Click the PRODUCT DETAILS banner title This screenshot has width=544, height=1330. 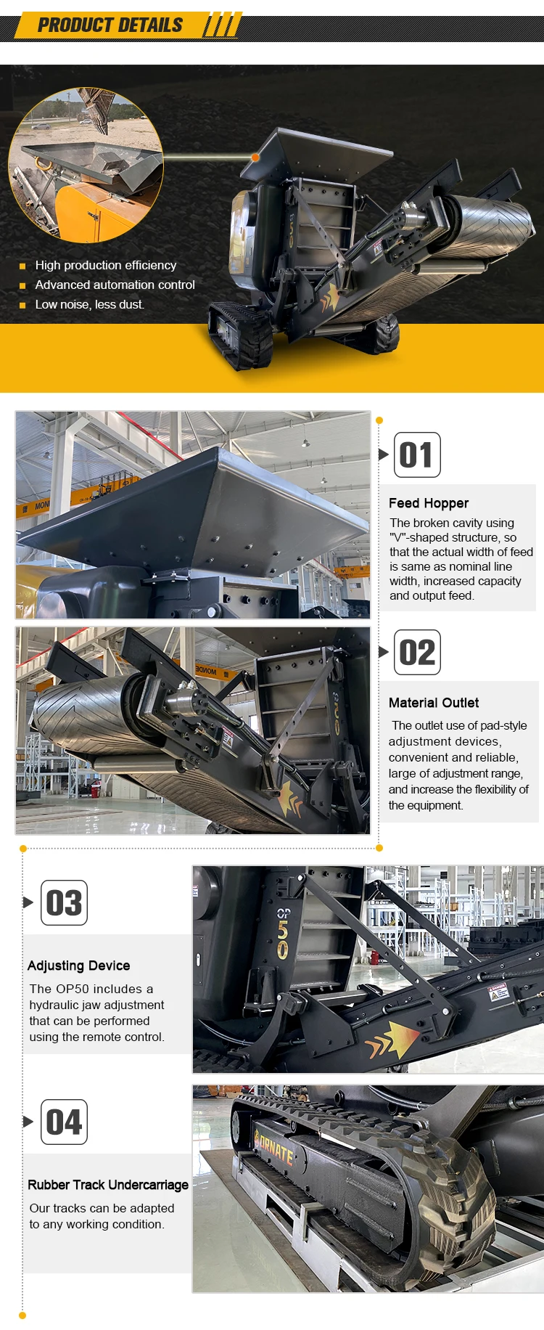tap(110, 25)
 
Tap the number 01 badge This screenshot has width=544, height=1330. tap(417, 455)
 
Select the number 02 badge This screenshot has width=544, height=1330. tap(417, 653)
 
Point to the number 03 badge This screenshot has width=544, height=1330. tap(64, 903)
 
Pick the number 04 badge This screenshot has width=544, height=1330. tap(64, 1122)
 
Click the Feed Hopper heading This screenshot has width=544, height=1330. tap(429, 503)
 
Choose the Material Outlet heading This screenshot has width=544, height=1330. tap(434, 703)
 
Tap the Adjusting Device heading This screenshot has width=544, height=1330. tap(79, 966)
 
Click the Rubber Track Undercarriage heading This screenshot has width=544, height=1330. tap(108, 1185)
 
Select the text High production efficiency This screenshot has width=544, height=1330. tap(106, 266)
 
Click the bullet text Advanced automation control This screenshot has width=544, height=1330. tap(115, 285)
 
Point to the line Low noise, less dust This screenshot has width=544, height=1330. tap(90, 305)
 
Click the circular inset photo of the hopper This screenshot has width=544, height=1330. tap(86, 166)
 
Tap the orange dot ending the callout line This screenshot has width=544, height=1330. tap(255, 157)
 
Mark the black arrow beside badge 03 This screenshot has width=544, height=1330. tap(28, 902)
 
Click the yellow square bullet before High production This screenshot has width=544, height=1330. tap(22, 266)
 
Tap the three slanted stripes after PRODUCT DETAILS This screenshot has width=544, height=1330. tap(220, 26)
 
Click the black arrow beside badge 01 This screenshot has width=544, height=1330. tap(384, 454)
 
